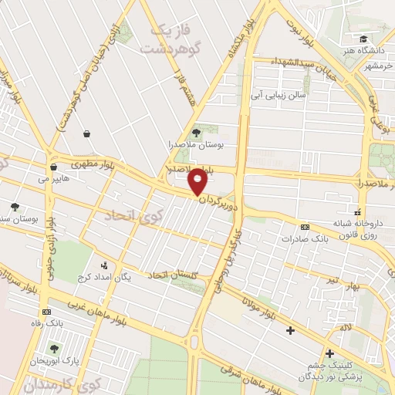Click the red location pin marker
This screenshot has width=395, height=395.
pos(198,183)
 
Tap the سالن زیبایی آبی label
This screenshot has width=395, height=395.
pos(277,96)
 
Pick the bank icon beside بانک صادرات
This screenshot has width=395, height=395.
pos(306,227)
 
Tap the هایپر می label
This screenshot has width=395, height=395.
pos(55,178)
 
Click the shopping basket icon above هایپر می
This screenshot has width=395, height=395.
pos(53,166)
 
